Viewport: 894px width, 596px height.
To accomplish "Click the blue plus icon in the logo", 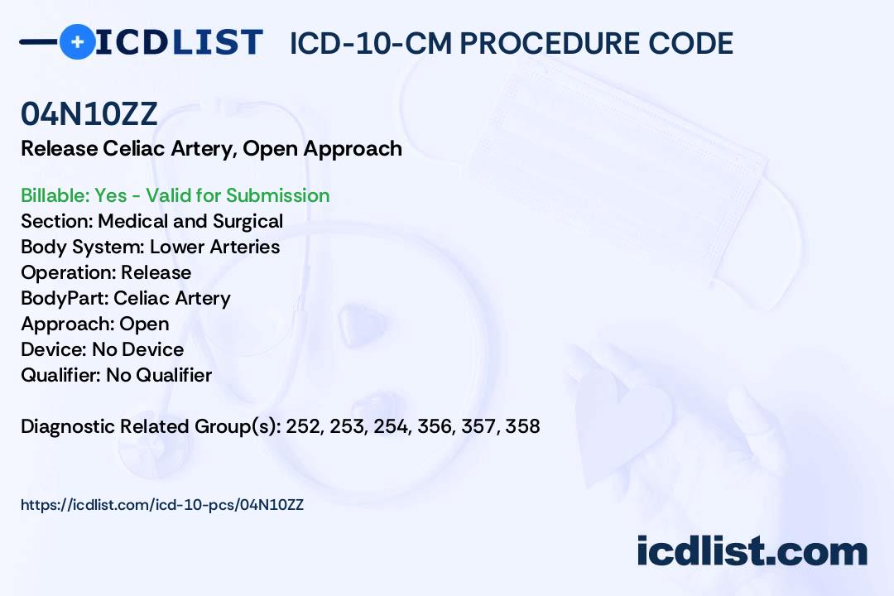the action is pos(77,41).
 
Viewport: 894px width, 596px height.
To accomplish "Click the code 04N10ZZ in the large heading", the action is pos(89,113).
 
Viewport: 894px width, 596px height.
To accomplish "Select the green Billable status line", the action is pos(175,195).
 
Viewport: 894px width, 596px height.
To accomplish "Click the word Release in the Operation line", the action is pos(156,272).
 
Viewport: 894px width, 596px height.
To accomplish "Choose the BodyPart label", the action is pos(65,298).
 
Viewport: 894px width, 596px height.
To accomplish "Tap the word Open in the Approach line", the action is pos(144,324).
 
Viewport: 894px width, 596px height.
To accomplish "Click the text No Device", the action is pos(138,349).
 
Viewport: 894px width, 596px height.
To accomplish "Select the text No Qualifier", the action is pos(159,375).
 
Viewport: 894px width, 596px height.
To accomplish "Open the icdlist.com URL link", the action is pos(162,505).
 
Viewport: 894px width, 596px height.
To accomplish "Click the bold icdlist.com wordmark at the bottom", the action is pos(752,550).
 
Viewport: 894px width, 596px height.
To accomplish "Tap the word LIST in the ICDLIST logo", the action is pos(217,42).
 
